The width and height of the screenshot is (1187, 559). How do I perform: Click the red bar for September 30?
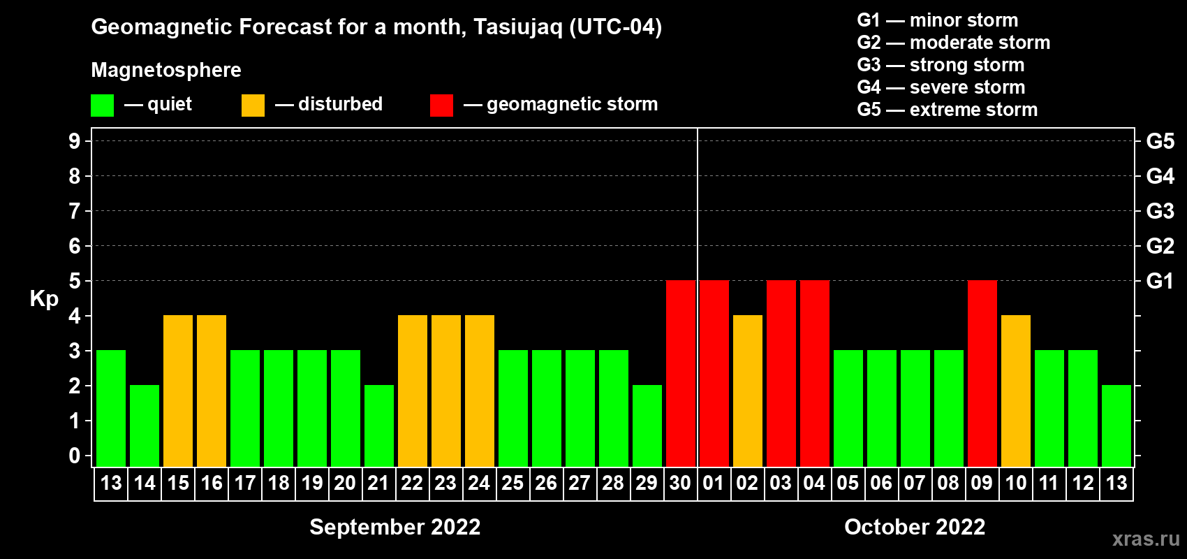(680, 373)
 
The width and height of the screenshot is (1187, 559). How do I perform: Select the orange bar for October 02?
(748, 391)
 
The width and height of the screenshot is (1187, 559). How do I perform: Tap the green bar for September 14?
(144, 426)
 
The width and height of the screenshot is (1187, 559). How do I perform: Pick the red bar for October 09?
(982, 373)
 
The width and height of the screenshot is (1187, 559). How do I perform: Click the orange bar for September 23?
(445, 391)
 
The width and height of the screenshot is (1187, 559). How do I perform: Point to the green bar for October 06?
(882, 408)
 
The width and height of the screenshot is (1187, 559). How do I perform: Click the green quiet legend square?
(102, 105)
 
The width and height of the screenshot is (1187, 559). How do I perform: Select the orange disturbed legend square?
(253, 105)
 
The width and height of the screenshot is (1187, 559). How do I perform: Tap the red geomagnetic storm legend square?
(441, 105)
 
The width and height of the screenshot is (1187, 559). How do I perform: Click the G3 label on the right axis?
(1160, 211)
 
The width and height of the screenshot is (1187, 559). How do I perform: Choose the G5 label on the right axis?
(1160, 141)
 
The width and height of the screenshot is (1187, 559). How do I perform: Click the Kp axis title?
(44, 299)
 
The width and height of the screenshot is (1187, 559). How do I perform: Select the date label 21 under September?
(378, 483)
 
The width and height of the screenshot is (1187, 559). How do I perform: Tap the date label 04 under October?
(814, 483)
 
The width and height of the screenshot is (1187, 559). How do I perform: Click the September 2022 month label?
(395, 527)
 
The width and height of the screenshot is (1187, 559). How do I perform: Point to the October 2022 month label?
(915, 527)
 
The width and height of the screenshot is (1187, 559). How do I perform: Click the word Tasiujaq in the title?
(517, 27)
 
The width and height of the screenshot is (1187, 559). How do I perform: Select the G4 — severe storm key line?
(941, 87)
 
